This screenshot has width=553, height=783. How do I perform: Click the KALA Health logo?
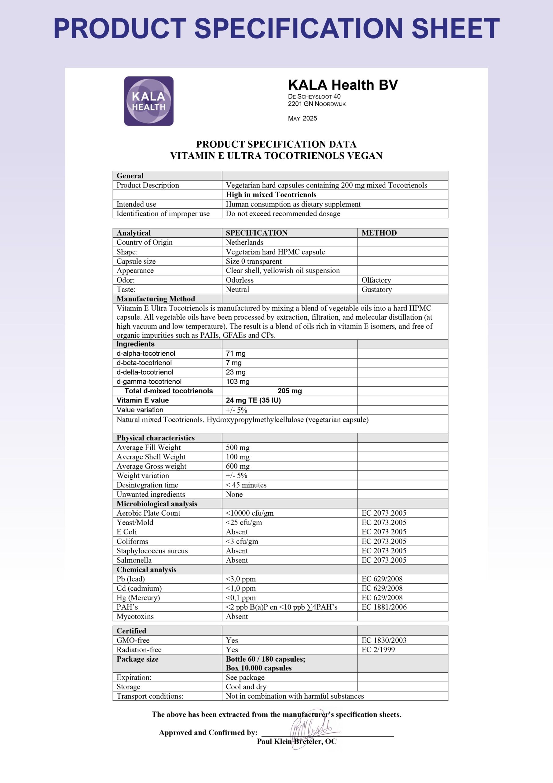(148, 101)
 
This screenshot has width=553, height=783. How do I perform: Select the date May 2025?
(302, 118)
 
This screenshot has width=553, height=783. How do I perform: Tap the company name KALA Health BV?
(343, 85)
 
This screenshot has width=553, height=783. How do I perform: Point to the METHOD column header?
(379, 233)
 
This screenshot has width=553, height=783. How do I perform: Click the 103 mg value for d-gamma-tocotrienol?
(237, 382)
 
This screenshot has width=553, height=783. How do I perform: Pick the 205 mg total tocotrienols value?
(290, 391)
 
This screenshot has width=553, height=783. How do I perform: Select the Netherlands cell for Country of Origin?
(244, 242)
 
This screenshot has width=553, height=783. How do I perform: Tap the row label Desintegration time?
(147, 485)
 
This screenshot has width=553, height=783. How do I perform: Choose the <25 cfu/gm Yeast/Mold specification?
(244, 522)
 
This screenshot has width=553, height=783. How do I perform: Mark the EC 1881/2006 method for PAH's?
(384, 607)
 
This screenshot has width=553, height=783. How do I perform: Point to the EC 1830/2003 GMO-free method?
(384, 640)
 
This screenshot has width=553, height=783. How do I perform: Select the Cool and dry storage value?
(246, 687)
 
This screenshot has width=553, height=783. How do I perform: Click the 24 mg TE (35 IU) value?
(253, 400)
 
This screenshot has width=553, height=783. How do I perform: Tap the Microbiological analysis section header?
(157, 504)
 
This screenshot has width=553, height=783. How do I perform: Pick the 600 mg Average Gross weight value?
(237, 466)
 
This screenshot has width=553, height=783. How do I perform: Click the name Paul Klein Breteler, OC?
(296, 741)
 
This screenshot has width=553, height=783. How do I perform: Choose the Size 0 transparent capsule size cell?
(254, 261)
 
